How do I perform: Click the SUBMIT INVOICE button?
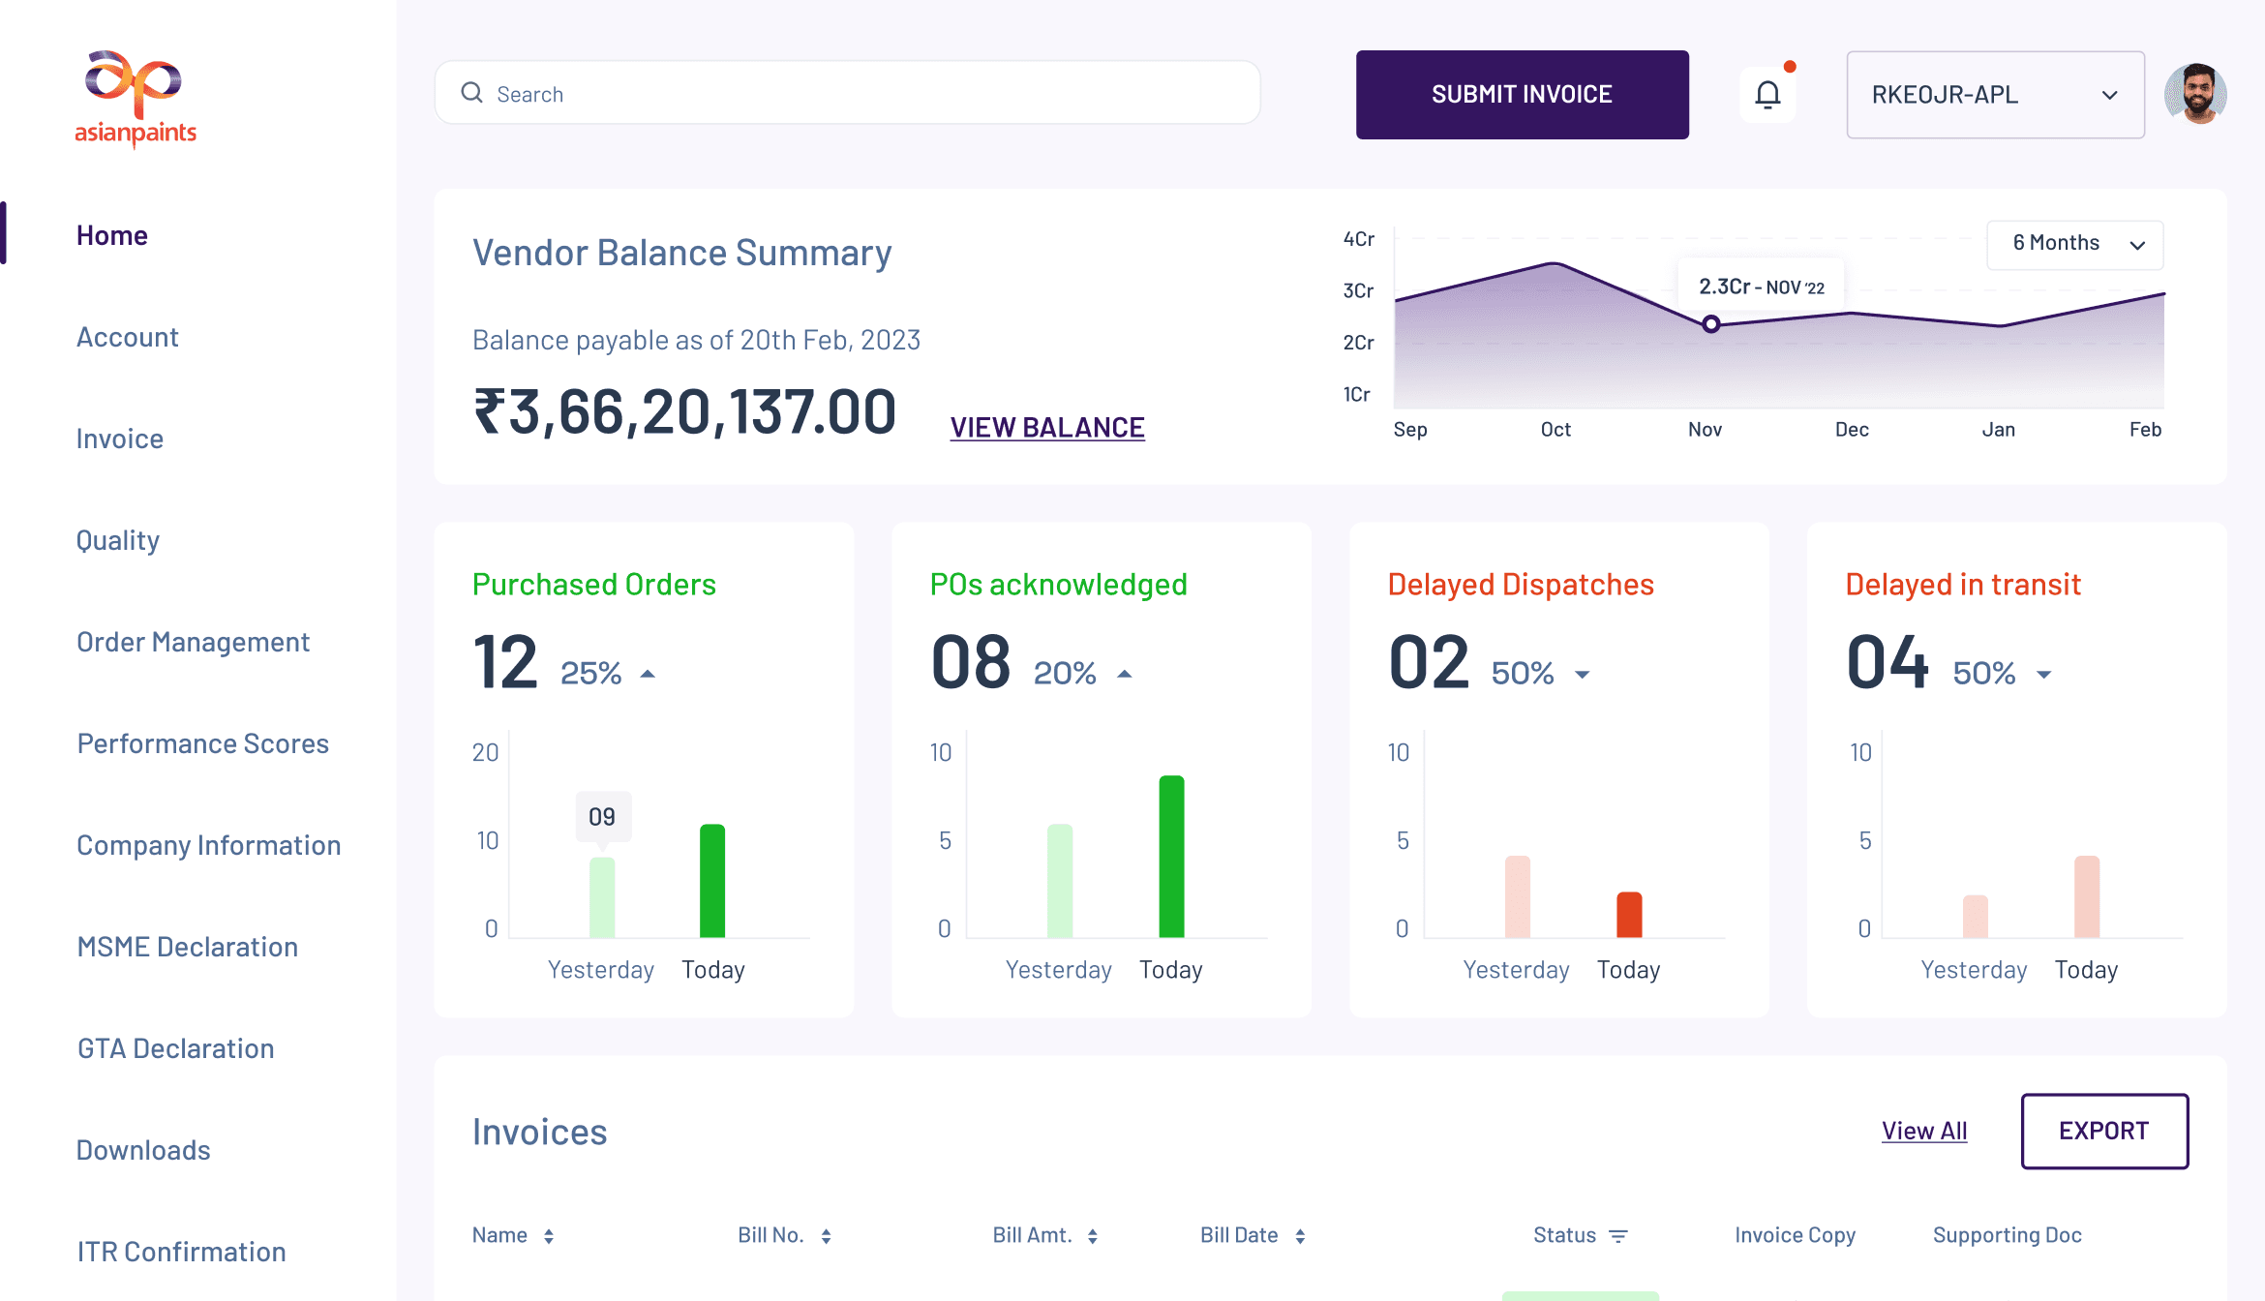click(1522, 95)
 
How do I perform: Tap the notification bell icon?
click(1767, 95)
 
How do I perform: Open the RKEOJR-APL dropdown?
click(1995, 95)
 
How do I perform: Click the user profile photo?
click(2195, 95)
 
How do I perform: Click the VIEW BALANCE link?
click(1047, 428)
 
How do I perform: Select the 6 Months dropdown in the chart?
click(2075, 244)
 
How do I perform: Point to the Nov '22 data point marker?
click(1711, 324)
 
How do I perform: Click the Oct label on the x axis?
click(1555, 430)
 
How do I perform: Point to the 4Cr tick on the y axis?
click(1359, 239)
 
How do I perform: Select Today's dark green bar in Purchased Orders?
click(712, 881)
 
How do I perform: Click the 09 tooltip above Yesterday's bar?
click(602, 817)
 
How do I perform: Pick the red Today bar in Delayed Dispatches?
click(1629, 915)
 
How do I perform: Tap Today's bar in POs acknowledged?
click(1171, 857)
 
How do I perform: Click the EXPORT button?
click(2104, 1131)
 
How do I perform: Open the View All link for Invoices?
click(1924, 1131)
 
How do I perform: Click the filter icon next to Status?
click(1618, 1236)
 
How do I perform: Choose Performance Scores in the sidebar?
click(203, 743)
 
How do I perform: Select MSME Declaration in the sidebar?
click(188, 947)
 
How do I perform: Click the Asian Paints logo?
click(136, 98)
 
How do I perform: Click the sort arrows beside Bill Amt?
click(1093, 1236)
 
